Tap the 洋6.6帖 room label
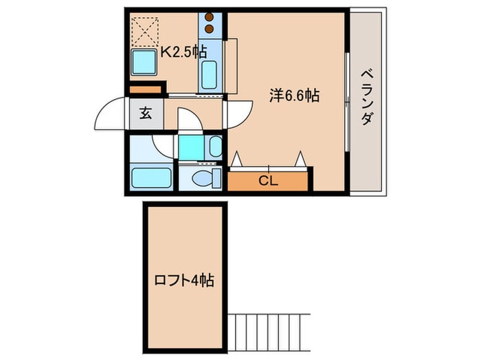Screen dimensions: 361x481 [x=293, y=96]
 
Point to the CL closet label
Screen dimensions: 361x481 [x=267, y=182]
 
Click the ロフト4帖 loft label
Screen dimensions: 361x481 [x=183, y=281]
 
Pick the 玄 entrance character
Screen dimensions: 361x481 [x=146, y=114]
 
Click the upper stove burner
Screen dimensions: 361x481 [x=209, y=18]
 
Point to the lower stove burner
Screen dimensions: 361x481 [x=209, y=30]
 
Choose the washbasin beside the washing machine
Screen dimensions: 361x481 [x=214, y=146]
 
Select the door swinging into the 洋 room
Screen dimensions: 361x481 [x=234, y=114]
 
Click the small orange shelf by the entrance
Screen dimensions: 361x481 [x=145, y=89]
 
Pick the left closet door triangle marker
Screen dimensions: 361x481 [x=238, y=160]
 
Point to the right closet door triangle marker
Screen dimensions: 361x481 [x=300, y=160]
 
